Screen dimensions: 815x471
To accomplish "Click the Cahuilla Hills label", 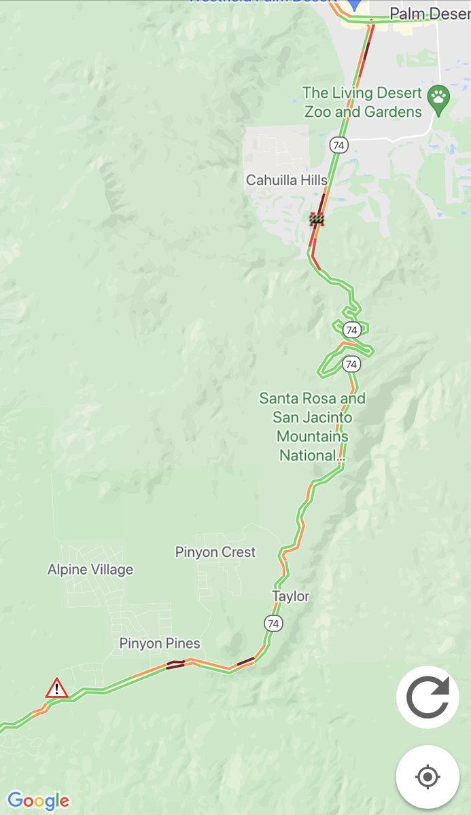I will click(286, 180).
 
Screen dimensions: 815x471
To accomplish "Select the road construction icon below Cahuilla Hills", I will click(317, 219).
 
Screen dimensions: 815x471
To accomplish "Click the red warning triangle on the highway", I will click(56, 689).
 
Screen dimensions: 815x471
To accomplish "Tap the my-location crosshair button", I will click(427, 777).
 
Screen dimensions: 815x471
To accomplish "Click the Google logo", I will click(38, 801).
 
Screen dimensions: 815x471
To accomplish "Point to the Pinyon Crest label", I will click(215, 552).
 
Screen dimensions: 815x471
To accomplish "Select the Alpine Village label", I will click(90, 570).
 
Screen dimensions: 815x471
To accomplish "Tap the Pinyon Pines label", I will click(160, 643).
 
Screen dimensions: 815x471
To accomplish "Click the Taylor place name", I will click(290, 596).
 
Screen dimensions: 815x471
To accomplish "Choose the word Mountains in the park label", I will click(312, 436).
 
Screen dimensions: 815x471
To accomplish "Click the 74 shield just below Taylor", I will click(273, 623).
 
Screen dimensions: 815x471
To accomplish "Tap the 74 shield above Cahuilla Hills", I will click(338, 145).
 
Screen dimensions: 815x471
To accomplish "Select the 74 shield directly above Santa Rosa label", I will click(351, 365).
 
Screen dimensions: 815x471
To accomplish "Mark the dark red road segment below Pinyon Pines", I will click(175, 664).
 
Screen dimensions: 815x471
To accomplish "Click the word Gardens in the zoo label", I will click(394, 111).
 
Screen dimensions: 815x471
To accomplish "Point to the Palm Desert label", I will click(430, 14).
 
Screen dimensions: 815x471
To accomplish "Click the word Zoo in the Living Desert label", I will click(318, 111).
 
